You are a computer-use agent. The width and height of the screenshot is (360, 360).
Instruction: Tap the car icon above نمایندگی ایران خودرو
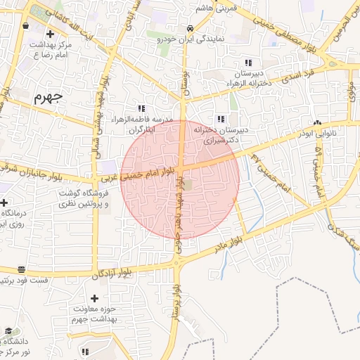click(x=190, y=28)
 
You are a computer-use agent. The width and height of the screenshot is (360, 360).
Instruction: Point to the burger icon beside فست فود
click(x=21, y=269)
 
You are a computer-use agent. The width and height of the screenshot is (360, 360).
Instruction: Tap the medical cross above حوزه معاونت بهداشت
click(x=94, y=298)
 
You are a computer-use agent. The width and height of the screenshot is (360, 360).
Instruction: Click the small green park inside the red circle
click(x=188, y=186)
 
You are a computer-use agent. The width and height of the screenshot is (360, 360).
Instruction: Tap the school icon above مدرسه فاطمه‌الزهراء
click(x=141, y=108)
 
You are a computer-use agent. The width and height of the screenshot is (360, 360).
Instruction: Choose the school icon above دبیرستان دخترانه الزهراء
click(x=247, y=63)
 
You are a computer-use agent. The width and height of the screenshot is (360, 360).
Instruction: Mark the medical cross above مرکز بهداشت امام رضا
click(x=49, y=33)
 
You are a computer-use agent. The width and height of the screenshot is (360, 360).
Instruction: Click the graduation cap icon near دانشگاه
click(x=8, y=330)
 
